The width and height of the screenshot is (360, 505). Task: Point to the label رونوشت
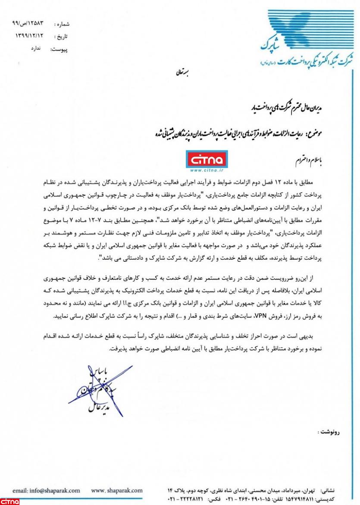coord(329,431)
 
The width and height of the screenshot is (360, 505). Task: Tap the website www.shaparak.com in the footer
coord(117,490)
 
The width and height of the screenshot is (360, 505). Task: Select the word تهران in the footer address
coord(307,491)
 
